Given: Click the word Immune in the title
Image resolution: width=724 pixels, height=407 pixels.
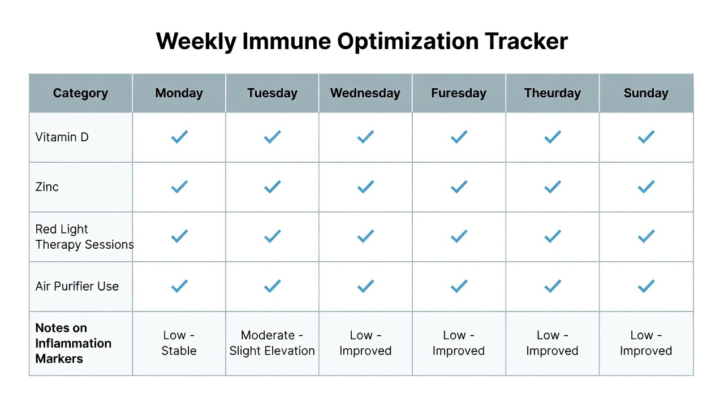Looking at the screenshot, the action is (x=287, y=41).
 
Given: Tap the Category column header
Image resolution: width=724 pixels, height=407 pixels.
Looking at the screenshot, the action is (x=80, y=93).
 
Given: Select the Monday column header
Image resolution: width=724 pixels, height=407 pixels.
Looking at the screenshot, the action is (x=179, y=93).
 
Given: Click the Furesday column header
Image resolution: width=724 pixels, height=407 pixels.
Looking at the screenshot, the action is (x=459, y=93).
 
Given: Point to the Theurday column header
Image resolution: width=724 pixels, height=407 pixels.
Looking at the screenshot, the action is (x=553, y=93).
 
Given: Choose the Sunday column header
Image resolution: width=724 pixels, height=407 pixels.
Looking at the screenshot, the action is (x=646, y=93).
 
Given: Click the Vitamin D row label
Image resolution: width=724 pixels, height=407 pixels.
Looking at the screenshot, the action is (x=62, y=137).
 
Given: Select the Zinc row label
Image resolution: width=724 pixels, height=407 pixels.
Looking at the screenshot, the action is (x=47, y=187).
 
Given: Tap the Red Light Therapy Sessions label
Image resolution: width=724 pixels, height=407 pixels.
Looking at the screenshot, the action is (x=84, y=237).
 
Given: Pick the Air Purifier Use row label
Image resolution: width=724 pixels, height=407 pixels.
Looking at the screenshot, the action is (x=77, y=286).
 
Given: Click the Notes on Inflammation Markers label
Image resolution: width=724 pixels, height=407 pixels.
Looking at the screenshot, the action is (x=74, y=343).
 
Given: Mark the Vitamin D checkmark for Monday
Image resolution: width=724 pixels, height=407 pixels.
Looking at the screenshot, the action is (x=179, y=137).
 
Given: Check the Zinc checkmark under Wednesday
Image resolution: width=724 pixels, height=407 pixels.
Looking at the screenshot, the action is (x=365, y=187).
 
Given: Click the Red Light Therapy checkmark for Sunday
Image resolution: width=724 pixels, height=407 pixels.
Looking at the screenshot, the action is (x=646, y=236).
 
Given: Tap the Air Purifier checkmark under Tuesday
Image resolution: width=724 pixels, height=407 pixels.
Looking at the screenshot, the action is (x=273, y=286).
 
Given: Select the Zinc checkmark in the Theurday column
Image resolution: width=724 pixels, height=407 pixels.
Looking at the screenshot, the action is (x=553, y=187).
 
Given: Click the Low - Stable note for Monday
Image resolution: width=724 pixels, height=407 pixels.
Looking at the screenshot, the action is (x=179, y=343).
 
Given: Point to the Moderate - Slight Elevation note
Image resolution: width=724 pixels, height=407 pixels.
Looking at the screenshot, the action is (x=272, y=343).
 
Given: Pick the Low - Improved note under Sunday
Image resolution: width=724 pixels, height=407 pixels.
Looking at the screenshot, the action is (x=646, y=343).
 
